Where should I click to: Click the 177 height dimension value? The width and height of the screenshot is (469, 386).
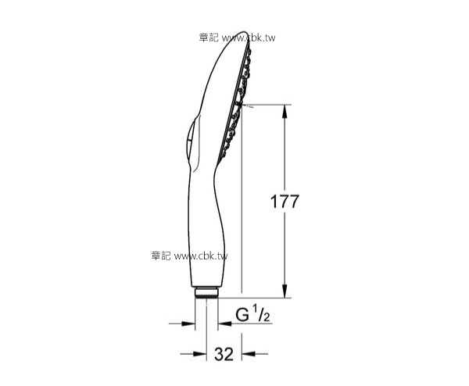tap(285, 200)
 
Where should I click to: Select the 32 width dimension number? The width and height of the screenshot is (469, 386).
tap(224, 354)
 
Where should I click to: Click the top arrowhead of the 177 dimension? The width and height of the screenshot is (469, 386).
tap(283, 109)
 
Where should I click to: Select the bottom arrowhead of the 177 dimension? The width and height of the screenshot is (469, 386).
tap(283, 291)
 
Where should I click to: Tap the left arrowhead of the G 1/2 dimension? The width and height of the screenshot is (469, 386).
tap(190, 322)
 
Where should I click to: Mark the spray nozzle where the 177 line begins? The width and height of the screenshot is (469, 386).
tap(244, 103)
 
